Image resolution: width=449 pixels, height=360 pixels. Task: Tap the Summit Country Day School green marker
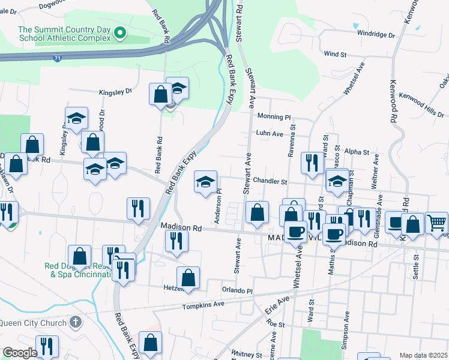pos(120,32)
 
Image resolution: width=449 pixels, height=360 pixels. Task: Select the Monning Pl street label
pos(274,116)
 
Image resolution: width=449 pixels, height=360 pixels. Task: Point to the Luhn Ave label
pos(269,134)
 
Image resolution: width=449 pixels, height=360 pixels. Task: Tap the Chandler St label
pos(271,181)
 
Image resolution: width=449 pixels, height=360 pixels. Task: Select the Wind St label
pos(336,54)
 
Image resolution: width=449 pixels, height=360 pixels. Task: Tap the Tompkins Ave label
pos(203,305)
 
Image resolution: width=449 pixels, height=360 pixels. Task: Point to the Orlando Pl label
pos(238,290)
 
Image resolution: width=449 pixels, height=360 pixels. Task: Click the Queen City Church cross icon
pos(74,322)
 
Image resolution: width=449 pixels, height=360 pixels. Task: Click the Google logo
pos(20,353)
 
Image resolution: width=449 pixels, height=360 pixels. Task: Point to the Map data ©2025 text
pos(423,355)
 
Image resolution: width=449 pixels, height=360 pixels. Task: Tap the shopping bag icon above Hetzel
pos(188,277)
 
